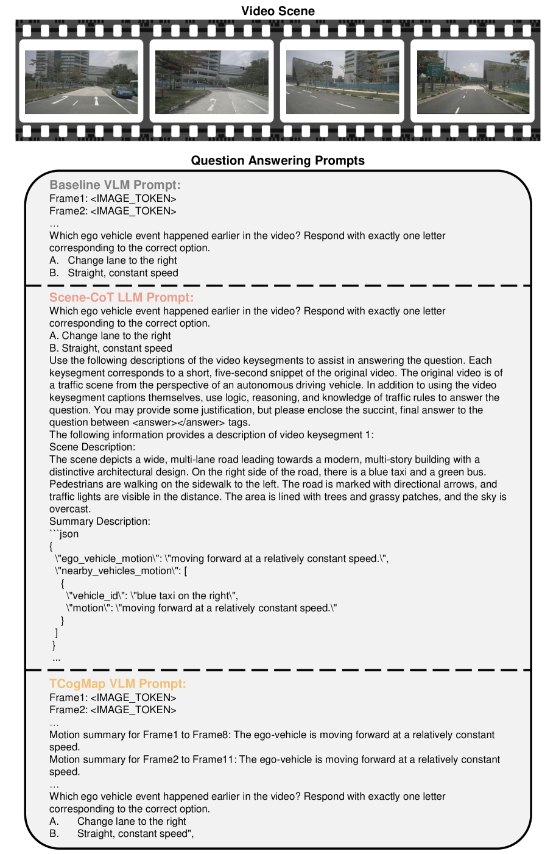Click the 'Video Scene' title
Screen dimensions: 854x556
tap(278, 11)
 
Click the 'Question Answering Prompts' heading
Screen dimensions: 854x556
tap(278, 160)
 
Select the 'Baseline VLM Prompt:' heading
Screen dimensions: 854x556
tap(115, 185)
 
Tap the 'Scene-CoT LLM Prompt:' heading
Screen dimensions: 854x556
tap(121, 297)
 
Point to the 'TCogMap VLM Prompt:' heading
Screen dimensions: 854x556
tap(118, 684)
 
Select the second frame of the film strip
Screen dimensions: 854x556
tap(212, 82)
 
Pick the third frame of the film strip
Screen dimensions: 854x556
tap(342, 82)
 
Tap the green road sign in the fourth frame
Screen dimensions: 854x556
tap(435, 69)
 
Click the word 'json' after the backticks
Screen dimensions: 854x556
tap(69, 534)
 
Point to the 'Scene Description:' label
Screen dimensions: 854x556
tap(92, 447)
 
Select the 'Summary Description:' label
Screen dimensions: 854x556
tap(99, 521)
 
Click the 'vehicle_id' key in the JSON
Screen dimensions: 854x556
tap(97, 596)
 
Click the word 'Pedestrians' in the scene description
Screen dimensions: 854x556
tap(75, 484)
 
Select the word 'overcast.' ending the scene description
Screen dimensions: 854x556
tap(70, 509)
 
